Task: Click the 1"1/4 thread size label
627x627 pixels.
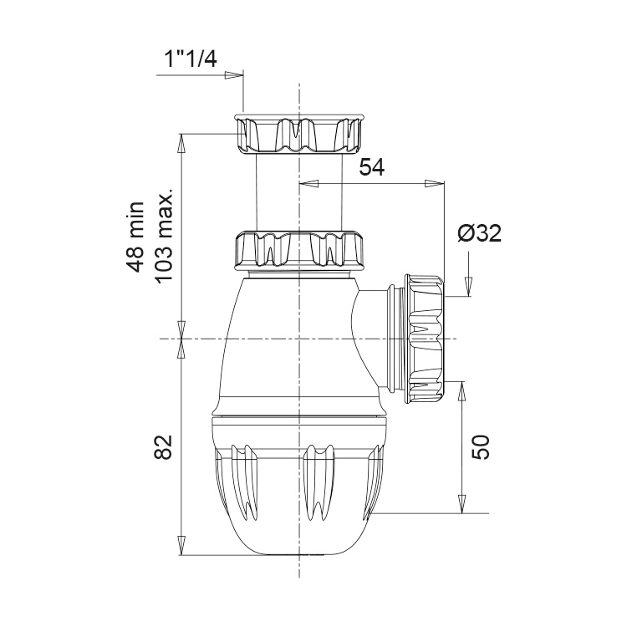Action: pos(191,60)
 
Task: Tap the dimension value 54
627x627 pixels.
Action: pos(371,167)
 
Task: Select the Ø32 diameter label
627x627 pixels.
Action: pos(480,232)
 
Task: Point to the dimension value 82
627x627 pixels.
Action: pos(164,446)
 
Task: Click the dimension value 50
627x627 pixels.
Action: pos(480,447)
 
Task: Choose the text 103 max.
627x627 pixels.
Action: pos(165,236)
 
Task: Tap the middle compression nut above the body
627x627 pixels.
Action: pos(300,250)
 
